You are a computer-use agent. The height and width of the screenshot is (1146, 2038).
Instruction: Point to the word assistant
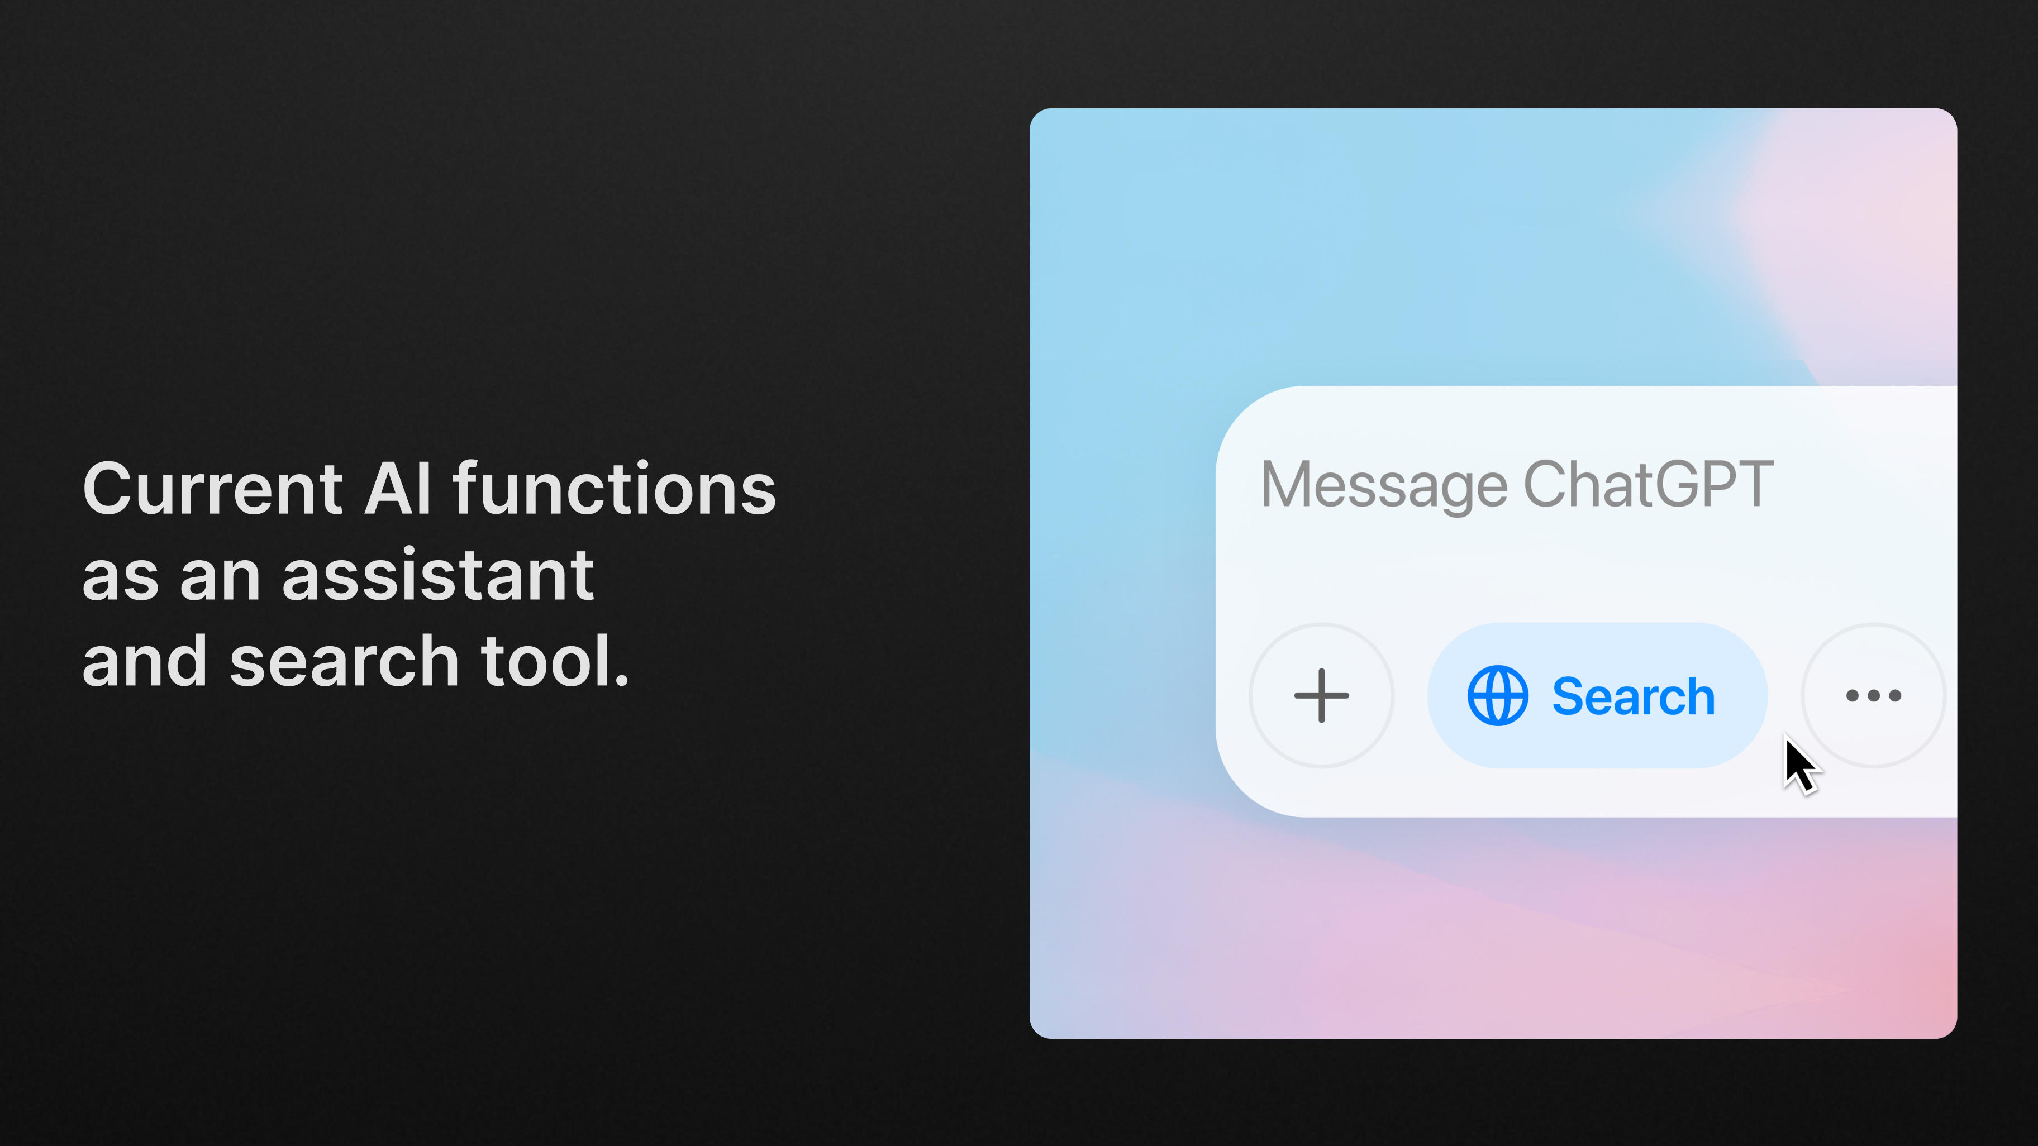pyautogui.click(x=437, y=575)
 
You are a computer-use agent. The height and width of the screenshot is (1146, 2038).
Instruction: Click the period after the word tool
pyautogui.click(x=622, y=680)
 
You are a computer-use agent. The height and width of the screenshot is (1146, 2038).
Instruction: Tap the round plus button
pyautogui.click(x=1321, y=695)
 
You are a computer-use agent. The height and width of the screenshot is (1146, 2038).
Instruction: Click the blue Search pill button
pyautogui.click(x=1597, y=695)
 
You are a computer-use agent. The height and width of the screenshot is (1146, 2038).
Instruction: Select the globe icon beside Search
pyautogui.click(x=1498, y=696)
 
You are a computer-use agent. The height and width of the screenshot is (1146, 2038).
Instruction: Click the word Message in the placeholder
pyautogui.click(x=1384, y=485)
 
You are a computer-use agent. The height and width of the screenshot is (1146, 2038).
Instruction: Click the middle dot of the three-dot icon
pyautogui.click(x=1873, y=696)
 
